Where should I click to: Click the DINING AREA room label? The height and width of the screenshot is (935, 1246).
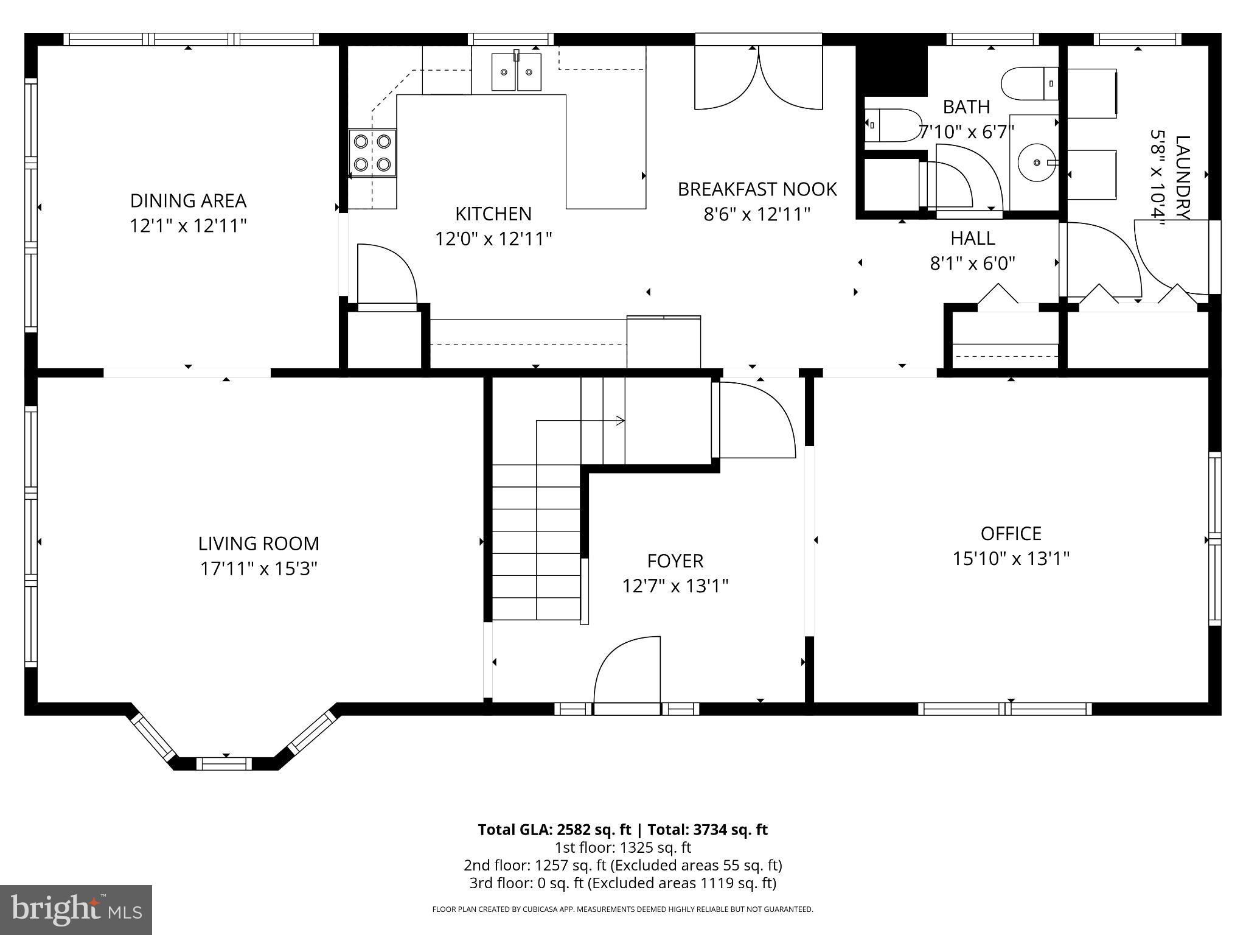point(188,200)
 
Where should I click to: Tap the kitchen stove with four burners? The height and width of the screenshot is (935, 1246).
point(372,153)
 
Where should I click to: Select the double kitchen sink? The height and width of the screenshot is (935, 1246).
point(516,72)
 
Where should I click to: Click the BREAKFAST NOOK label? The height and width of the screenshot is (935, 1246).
point(757,189)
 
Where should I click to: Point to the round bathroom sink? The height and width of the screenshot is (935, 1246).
point(1036,163)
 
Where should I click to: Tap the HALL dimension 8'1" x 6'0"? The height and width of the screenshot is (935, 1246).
point(972,264)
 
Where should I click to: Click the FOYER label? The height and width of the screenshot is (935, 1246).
point(675,561)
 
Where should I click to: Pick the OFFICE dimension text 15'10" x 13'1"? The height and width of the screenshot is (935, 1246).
point(1011,558)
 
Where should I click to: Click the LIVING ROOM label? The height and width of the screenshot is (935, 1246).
point(259,544)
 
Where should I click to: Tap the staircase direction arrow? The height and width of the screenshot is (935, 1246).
point(619,421)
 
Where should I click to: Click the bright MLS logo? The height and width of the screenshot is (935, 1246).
point(76,909)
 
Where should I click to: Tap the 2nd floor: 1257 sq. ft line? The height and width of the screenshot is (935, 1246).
point(622,865)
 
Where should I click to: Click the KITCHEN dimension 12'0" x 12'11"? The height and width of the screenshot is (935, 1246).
point(493,239)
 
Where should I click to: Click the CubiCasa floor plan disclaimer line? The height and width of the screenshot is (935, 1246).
point(622,909)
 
